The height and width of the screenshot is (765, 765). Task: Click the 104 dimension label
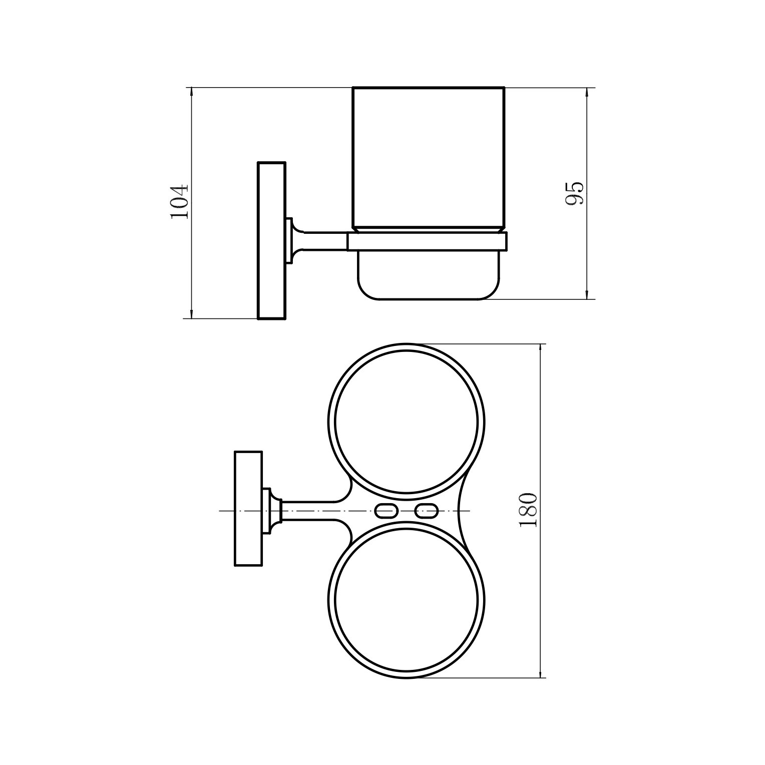[x=179, y=201]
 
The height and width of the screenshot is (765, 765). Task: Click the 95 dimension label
[x=574, y=193]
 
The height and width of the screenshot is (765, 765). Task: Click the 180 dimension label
[x=528, y=510]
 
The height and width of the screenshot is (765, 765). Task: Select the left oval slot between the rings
[x=386, y=511]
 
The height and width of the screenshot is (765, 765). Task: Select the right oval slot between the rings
[x=427, y=511]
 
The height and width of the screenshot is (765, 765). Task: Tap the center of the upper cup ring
[x=407, y=422]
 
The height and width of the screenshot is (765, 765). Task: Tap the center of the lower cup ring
[x=407, y=600]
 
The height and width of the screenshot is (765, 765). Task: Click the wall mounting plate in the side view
[x=271, y=240]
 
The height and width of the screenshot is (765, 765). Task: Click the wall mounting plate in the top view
[x=248, y=509]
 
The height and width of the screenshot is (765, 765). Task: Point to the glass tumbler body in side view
[x=429, y=158]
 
